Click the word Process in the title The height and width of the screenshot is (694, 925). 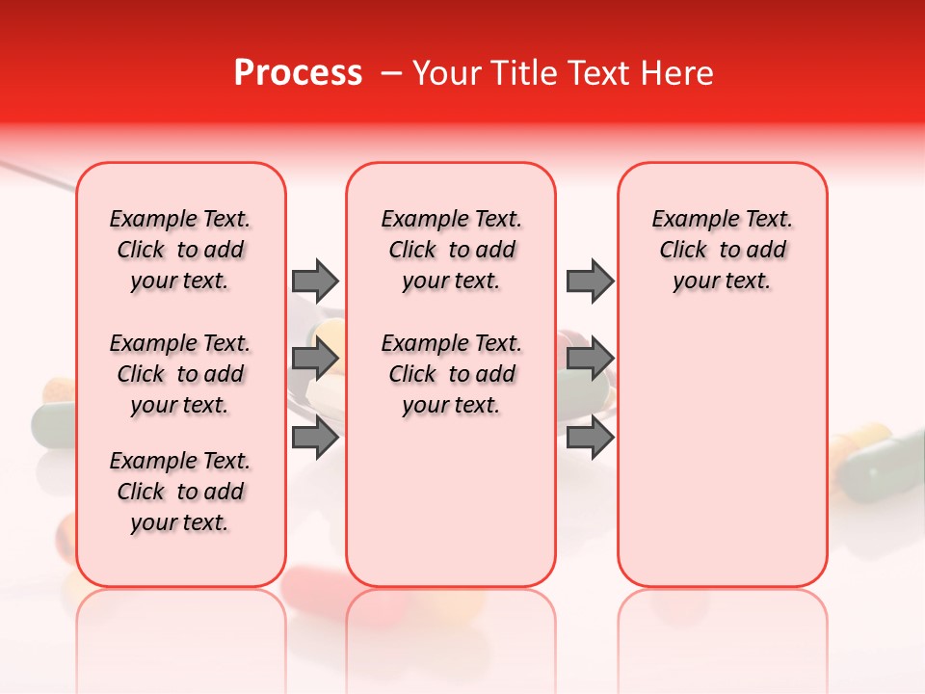point(298,73)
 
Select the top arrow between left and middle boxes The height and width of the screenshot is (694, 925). point(315,280)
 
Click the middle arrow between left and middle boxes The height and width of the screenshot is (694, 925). point(315,360)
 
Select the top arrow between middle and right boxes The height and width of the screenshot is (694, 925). point(590,280)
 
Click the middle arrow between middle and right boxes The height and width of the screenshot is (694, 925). point(590,360)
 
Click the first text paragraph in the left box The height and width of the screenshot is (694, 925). point(180,250)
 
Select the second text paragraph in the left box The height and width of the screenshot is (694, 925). point(180,374)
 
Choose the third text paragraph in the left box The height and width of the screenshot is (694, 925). point(180,492)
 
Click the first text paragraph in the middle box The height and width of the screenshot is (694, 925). point(451,250)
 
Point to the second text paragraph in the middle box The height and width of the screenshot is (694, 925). point(451,374)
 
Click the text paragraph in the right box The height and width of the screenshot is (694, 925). point(722,250)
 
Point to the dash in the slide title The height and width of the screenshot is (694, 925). point(391,73)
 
